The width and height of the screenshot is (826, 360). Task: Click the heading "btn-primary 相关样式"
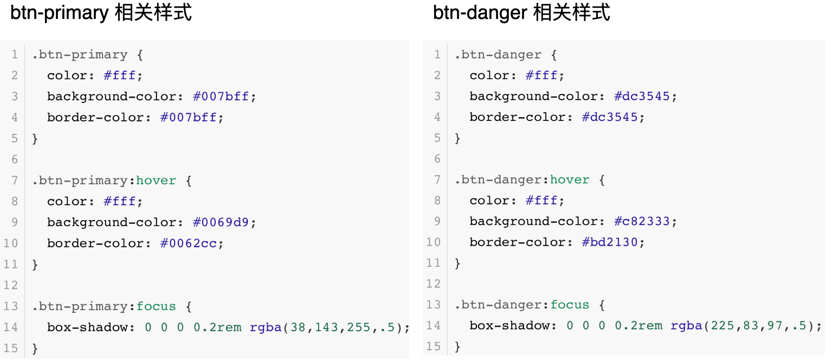[101, 13]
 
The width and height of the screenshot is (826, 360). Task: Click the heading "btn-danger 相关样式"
[521, 13]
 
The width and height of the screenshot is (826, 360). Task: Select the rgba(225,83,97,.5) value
[745, 325]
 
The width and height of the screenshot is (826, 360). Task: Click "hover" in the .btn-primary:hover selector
[156, 181]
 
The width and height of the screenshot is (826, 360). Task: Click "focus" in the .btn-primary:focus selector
[156, 306]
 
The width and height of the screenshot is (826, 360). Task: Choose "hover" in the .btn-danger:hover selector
[570, 179]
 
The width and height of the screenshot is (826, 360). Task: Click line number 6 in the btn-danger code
[437, 159]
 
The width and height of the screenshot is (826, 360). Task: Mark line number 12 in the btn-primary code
[11, 285]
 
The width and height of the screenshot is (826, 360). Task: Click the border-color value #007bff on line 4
[191, 117]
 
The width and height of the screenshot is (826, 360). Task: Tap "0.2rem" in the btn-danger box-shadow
[638, 325]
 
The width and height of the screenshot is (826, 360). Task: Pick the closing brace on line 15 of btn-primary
[35, 348]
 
